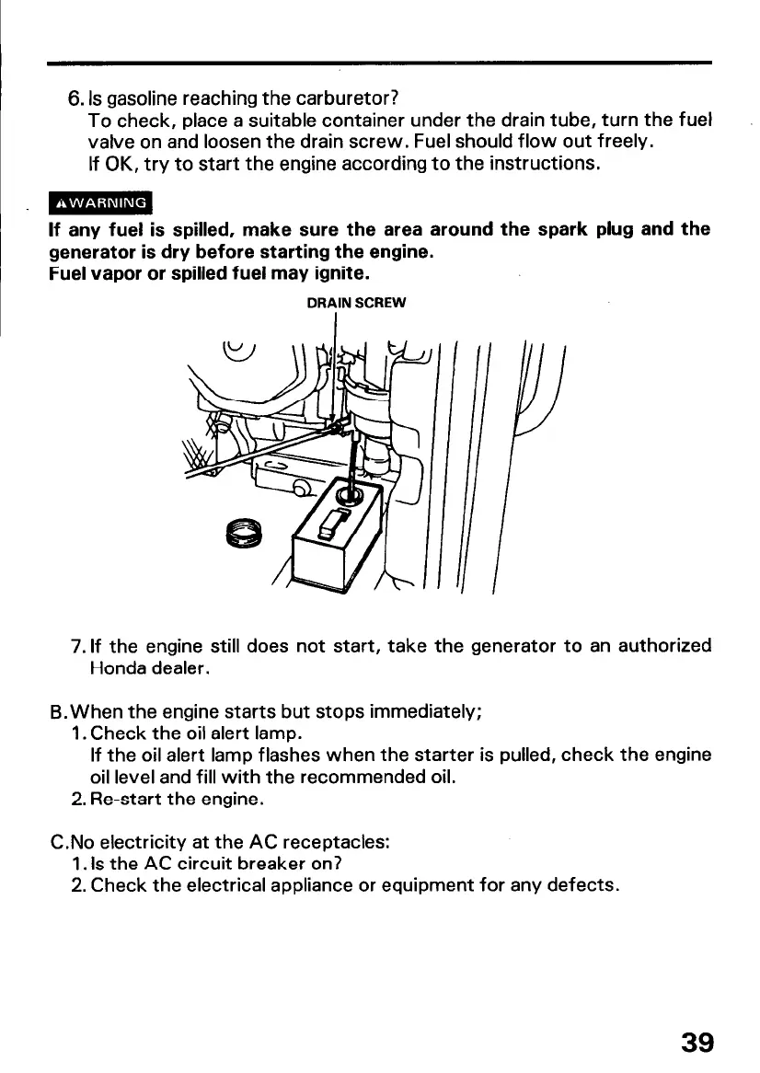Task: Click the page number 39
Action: tap(696, 1042)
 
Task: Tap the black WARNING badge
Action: tap(101, 202)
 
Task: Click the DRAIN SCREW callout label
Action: tap(354, 301)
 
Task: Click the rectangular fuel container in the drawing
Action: tap(336, 543)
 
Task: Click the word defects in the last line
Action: tap(579, 887)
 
